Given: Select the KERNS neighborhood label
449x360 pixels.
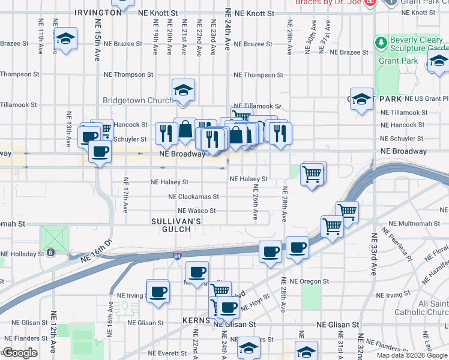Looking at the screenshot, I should click(x=196, y=321).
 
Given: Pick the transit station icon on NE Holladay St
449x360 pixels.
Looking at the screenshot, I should click(x=52, y=253).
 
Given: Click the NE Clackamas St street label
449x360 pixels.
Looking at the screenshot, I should click(x=193, y=196).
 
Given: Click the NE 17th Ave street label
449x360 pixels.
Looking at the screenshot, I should click(x=126, y=194).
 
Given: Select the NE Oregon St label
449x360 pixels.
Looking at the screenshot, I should click(x=309, y=281).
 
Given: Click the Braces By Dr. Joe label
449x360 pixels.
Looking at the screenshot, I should click(x=328, y=2).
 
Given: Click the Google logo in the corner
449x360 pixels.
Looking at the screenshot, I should click(x=20, y=353).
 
